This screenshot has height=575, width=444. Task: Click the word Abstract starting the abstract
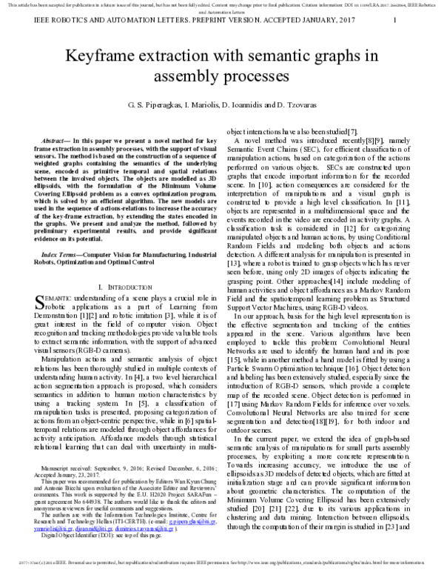point(57,140)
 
